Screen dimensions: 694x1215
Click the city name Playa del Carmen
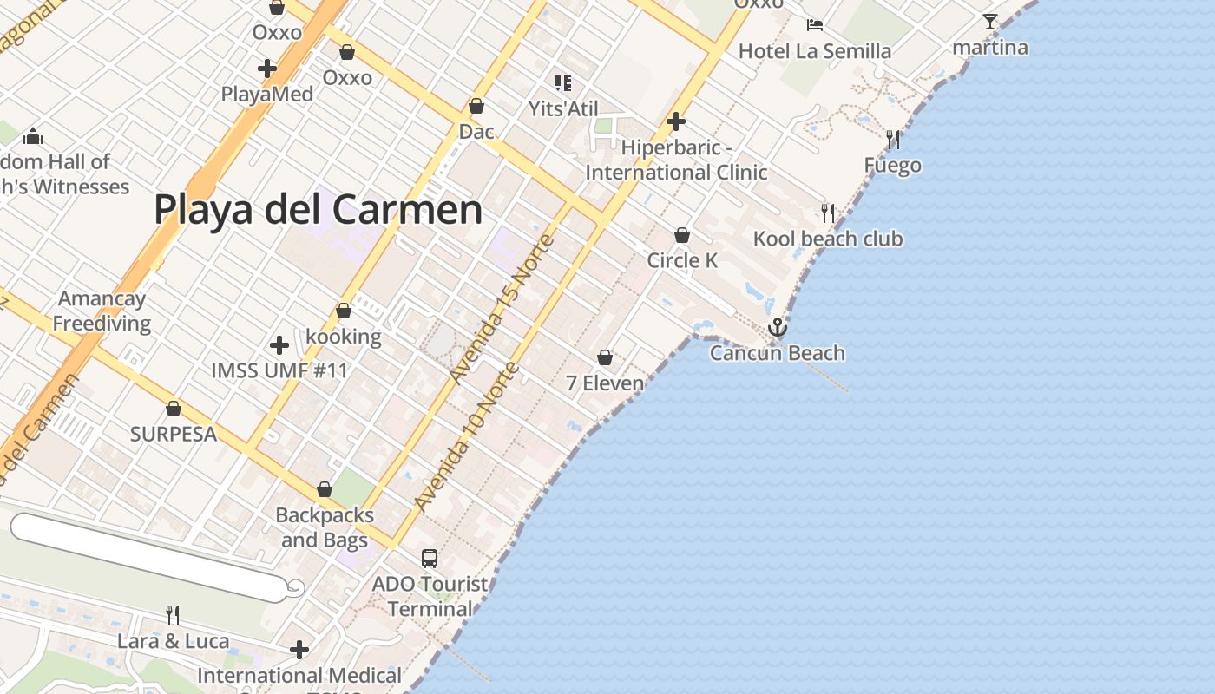(x=318, y=210)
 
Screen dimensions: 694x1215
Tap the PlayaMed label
(x=266, y=94)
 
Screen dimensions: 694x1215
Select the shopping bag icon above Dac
(x=476, y=107)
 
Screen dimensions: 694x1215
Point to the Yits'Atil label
(x=563, y=109)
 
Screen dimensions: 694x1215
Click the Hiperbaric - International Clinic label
(x=676, y=160)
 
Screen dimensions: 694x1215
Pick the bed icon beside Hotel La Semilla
(x=814, y=25)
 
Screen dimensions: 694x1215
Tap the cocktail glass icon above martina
(x=989, y=22)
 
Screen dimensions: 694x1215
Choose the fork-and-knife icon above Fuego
(x=892, y=140)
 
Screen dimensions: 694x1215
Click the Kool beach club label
(x=827, y=239)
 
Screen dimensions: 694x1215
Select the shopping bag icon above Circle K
(x=682, y=235)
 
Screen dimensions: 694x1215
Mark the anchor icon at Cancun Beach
(x=777, y=328)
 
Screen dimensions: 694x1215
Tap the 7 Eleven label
(x=605, y=383)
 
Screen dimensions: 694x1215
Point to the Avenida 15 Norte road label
(x=501, y=309)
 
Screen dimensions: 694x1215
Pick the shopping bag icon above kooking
(x=344, y=311)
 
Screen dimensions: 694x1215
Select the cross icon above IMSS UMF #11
(x=279, y=345)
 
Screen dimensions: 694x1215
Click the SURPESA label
(x=174, y=434)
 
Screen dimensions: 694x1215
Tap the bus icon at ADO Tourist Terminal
(x=430, y=558)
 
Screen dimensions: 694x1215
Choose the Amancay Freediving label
(x=102, y=311)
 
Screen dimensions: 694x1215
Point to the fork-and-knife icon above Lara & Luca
(x=173, y=615)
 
